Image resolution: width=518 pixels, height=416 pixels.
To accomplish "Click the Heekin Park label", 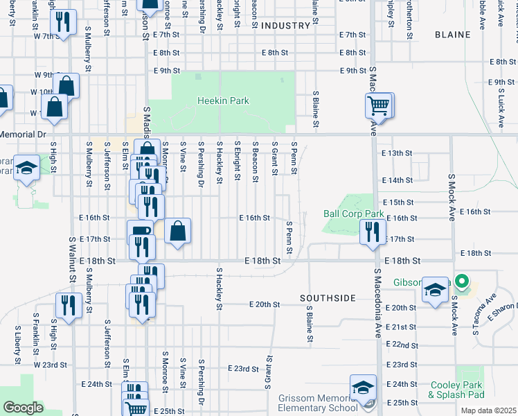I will coord(223,101).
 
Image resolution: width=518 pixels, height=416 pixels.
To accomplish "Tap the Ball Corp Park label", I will coord(353,214).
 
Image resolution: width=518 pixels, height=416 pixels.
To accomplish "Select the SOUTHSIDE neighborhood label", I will coord(328,298).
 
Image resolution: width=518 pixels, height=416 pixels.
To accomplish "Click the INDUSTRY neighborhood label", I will coord(286,25).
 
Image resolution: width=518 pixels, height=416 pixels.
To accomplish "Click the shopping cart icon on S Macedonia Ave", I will coord(379,106).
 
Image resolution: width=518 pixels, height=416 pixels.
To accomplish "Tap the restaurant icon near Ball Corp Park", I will coord(373,230).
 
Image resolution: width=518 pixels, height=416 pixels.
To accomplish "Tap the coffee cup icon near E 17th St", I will coord(140,232).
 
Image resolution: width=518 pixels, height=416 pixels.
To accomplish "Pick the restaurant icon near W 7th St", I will coord(64,23).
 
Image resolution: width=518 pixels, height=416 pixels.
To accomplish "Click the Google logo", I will coord(23,408).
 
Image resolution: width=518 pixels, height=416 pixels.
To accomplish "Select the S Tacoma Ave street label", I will coord(485,312).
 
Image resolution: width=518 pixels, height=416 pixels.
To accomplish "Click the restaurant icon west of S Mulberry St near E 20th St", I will coord(69,304).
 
